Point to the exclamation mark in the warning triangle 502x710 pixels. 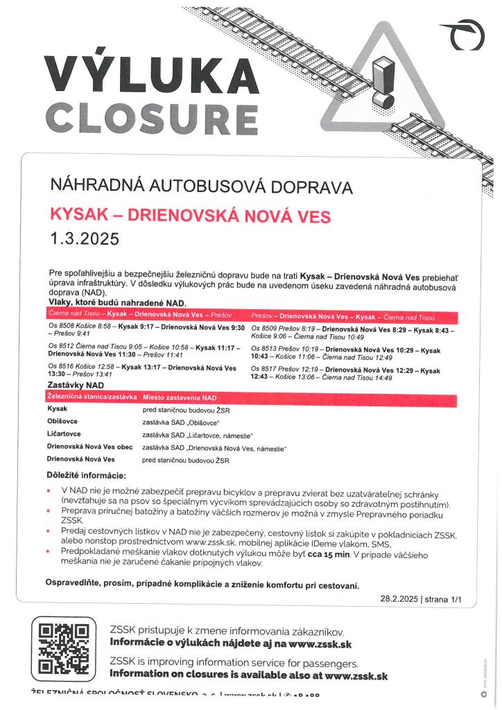[383, 83]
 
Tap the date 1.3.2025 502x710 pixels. [85, 240]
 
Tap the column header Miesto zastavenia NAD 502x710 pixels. [180, 399]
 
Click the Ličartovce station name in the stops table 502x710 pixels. [65, 434]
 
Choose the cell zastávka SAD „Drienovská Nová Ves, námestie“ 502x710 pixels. [214, 448]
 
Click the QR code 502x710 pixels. [63, 649]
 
